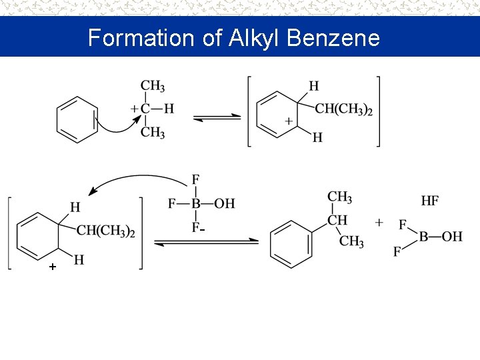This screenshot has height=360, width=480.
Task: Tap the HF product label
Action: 430,200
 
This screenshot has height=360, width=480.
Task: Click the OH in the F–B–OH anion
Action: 225,203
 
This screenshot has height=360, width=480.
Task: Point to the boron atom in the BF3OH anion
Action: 196,203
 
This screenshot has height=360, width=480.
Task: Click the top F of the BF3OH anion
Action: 195,179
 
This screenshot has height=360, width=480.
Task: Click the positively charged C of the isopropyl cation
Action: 145,108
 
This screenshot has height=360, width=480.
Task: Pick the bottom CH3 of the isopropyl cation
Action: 153,132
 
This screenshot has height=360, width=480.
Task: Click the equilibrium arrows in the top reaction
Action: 217,118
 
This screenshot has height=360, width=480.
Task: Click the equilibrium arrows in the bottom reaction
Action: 207,241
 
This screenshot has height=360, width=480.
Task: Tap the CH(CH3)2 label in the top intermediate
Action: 343,109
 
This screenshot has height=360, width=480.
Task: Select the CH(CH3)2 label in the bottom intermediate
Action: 106,231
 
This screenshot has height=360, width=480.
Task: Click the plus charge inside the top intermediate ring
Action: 289,121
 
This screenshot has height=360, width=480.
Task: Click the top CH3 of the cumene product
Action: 339,197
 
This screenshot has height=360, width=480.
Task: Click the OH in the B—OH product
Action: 452,236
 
